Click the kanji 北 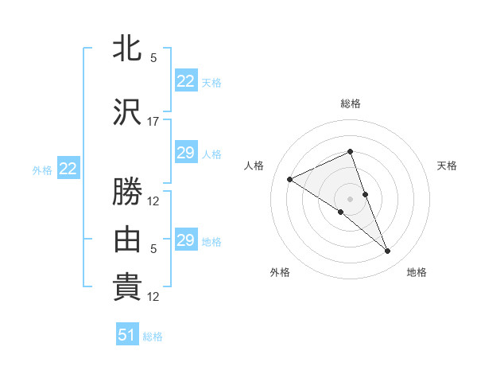127,49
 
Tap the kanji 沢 127,113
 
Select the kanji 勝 127,193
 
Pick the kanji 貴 127,286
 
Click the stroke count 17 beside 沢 153,122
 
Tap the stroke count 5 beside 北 153,57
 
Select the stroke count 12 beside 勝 153,201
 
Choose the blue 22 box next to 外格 68,169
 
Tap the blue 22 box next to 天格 186,81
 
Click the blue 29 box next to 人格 186,153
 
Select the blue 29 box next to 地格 186,240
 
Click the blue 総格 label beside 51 153,337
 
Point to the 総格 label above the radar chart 351,103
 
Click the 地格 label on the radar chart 417,272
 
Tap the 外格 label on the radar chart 280,272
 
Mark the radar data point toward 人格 290,179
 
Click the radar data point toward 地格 388,251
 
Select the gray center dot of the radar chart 351,198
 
